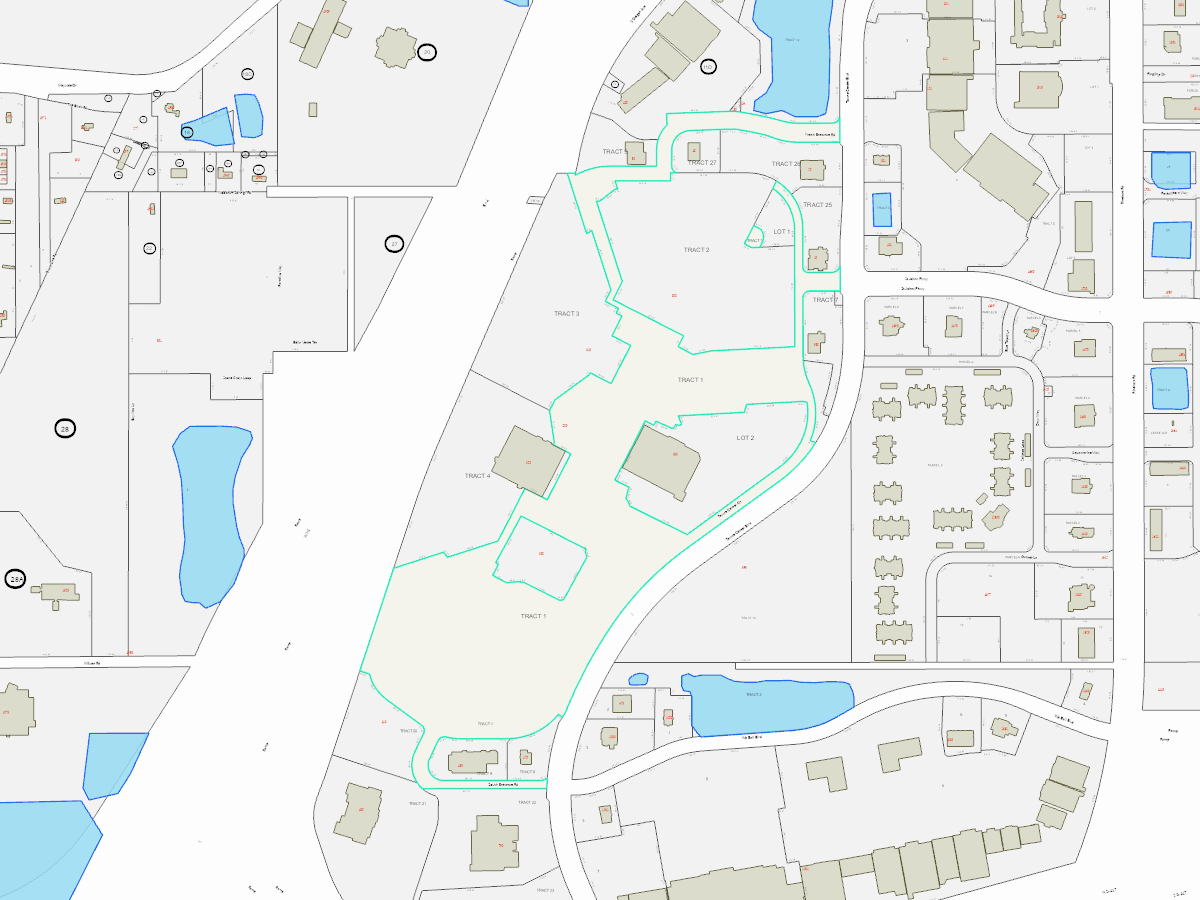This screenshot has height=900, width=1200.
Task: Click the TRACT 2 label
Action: (x=696, y=249)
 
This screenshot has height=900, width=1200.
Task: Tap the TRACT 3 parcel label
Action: (x=567, y=314)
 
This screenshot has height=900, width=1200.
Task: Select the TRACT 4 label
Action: (x=477, y=476)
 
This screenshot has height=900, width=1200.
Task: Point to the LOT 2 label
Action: (x=745, y=438)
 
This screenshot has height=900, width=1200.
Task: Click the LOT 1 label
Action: (x=782, y=232)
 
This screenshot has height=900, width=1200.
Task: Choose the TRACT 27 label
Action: (x=702, y=162)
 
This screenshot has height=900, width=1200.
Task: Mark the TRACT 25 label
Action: (x=816, y=205)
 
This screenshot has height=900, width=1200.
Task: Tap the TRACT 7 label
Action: (x=825, y=300)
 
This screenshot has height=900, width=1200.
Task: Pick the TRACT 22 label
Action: (x=527, y=803)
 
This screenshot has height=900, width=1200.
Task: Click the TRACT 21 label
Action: (x=416, y=803)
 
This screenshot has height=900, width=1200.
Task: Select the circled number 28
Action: (x=65, y=429)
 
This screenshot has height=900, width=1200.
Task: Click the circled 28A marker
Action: (x=15, y=579)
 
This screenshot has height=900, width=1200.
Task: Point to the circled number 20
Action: (x=427, y=52)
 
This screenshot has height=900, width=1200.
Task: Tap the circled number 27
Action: (x=394, y=243)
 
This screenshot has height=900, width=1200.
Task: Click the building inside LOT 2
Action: (x=661, y=460)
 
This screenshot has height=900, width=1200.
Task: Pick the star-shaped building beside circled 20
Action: (x=395, y=47)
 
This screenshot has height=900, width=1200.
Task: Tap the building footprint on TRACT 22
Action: (x=495, y=843)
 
